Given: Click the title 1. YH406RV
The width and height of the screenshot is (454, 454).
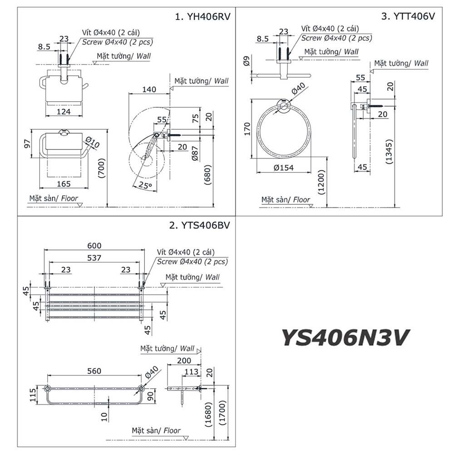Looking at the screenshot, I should [203, 17].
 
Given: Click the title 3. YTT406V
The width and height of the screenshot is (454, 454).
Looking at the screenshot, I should [408, 17].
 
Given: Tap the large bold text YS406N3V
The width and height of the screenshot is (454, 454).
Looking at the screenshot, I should [346, 337].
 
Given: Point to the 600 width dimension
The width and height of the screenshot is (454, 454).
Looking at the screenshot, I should [95, 246].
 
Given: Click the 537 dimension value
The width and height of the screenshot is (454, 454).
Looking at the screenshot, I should [95, 257].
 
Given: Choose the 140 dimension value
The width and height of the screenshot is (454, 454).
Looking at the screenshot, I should [148, 89].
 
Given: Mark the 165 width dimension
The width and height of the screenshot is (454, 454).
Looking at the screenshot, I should [64, 183].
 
